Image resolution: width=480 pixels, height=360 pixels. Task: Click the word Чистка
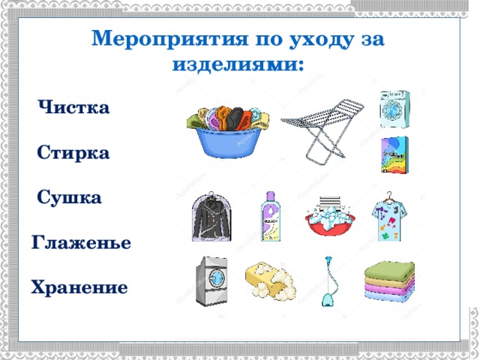(73, 107)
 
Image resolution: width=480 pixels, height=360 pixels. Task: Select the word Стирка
(73, 152)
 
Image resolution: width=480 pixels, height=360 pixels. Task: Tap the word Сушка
(69, 197)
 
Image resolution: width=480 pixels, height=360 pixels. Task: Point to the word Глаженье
(81, 242)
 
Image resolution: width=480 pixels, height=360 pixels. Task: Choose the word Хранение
(79, 287)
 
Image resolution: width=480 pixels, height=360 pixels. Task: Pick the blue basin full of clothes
(228, 132)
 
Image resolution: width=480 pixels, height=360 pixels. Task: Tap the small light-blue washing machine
(394, 109)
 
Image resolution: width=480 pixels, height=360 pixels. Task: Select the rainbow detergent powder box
(394, 155)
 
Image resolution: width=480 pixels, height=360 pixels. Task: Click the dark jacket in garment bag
(211, 217)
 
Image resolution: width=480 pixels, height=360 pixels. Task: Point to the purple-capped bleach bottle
(270, 217)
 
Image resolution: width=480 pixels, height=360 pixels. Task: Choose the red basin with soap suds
(330, 216)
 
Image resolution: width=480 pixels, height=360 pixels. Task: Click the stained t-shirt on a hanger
(389, 216)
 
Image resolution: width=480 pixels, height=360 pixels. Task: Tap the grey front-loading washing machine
(211, 281)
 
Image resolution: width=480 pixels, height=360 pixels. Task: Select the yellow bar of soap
(270, 280)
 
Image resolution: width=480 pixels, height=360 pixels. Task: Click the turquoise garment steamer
(329, 282)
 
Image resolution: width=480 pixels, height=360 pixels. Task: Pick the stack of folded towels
(389, 280)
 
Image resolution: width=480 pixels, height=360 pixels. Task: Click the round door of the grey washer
(217, 278)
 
